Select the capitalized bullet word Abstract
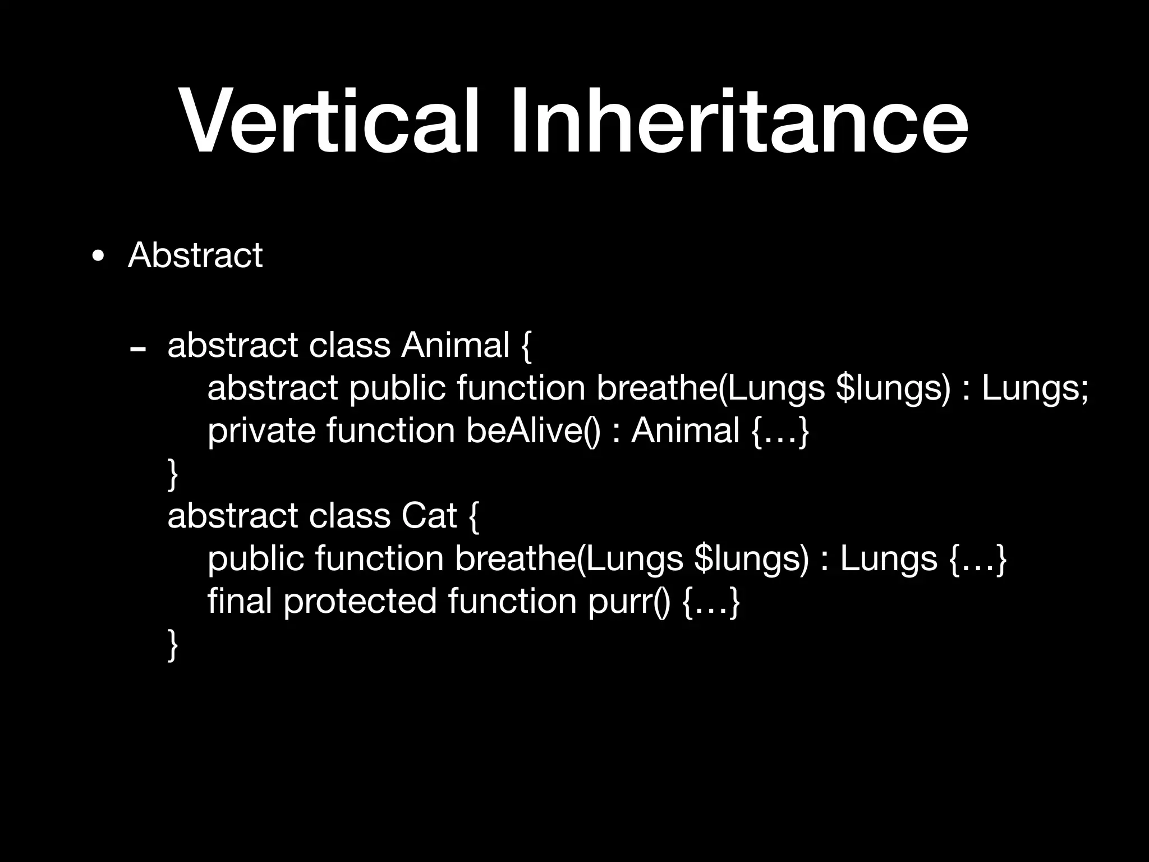195,256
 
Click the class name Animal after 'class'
455,345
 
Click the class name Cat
429,516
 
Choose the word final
240,601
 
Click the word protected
360,601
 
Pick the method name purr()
629,601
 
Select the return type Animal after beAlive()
685,431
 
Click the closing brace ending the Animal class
173,474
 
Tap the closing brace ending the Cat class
173,645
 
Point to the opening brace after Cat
473,517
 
